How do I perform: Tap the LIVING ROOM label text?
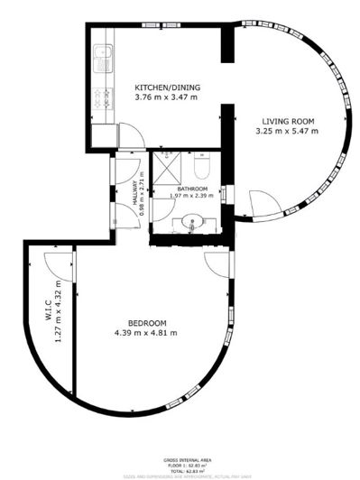click(288, 121)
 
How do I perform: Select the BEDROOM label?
click(146, 323)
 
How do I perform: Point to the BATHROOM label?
click(192, 188)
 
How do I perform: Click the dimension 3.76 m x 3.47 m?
click(167, 97)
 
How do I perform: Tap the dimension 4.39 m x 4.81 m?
click(146, 333)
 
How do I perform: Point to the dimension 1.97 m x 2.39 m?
click(192, 196)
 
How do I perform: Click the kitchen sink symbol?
click(103, 60)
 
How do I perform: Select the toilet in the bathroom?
click(203, 170)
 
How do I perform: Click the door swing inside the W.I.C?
click(57, 263)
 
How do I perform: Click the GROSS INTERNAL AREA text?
click(188, 458)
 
